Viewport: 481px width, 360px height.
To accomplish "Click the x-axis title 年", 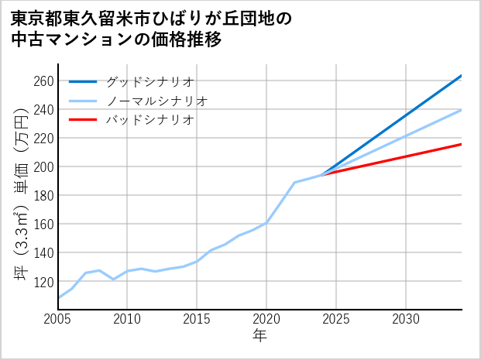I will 259,336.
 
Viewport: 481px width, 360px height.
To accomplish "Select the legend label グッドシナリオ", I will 149,81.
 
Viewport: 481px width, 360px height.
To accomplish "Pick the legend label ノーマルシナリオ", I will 156,101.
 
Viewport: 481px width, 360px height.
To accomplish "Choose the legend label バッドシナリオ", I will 149,120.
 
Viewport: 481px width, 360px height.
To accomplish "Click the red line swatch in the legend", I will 84,120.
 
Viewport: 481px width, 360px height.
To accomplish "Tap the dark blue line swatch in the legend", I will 84,81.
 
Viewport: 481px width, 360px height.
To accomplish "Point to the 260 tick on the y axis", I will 43,81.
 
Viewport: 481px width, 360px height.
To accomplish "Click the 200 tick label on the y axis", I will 43,167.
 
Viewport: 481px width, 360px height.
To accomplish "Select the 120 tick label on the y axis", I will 43,281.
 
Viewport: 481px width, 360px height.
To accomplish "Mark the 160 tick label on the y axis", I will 43,225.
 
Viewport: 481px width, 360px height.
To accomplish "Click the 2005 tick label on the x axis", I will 58,319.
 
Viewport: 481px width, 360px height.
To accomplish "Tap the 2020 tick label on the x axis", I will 266,319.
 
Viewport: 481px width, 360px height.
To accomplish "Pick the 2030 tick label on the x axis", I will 406,319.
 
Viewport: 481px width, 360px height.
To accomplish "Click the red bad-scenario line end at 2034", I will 461,144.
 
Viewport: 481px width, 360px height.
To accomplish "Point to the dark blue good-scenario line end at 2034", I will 461,76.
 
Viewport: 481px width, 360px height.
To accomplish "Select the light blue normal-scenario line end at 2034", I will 461,110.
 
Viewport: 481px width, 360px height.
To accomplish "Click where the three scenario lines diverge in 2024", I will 322,175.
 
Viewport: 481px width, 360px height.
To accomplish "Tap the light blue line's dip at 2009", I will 114,279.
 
